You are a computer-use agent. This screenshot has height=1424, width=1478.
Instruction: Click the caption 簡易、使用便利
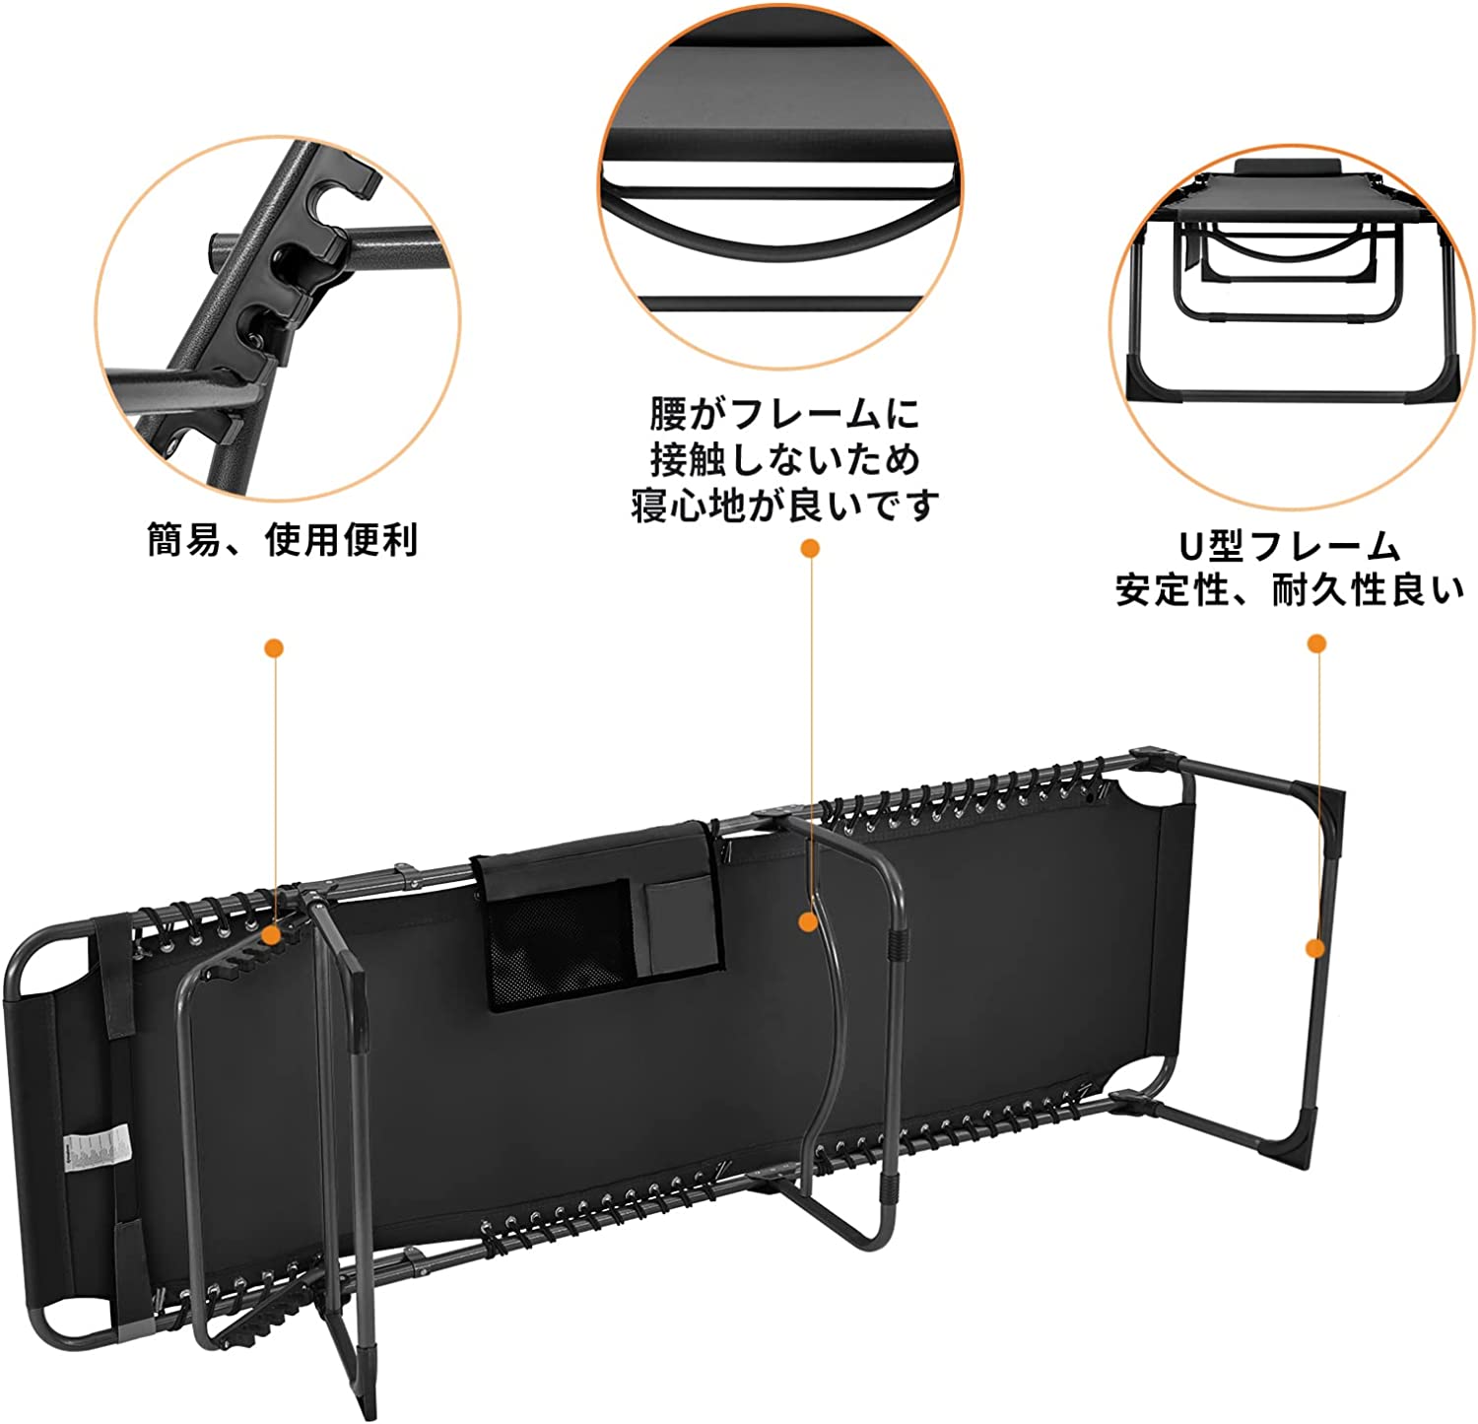[x=283, y=540]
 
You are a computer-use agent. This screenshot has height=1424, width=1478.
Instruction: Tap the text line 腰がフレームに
[x=783, y=414]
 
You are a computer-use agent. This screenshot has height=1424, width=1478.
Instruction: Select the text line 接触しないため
[x=784, y=459]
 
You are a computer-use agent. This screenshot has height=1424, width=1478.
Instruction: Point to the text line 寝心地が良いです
[x=784, y=505]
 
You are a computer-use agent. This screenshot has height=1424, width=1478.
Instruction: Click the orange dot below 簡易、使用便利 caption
[x=274, y=647]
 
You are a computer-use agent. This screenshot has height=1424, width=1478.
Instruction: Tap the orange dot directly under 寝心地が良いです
[x=810, y=548]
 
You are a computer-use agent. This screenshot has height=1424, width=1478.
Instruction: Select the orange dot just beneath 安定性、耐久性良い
[x=1316, y=644]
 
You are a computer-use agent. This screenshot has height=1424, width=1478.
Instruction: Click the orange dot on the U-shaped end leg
[x=1315, y=948]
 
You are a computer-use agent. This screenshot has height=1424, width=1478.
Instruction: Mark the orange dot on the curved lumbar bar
[x=809, y=922]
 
